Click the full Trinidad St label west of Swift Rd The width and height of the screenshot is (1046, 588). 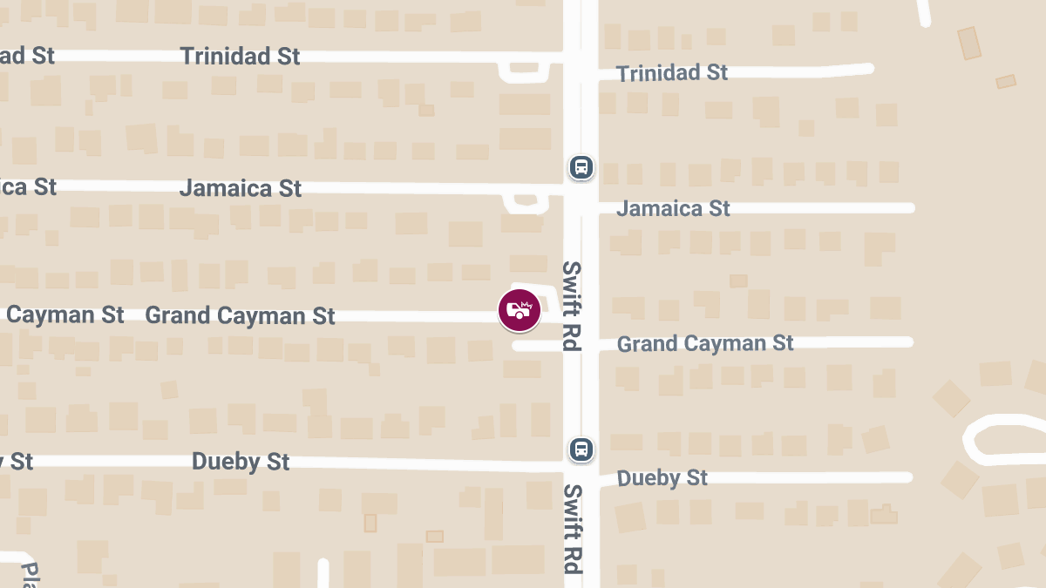click(240, 57)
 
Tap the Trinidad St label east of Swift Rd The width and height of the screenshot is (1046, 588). click(672, 73)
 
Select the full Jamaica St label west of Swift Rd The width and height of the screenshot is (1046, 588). click(241, 188)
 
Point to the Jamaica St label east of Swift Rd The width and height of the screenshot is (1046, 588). click(674, 208)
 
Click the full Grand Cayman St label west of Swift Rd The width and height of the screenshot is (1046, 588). click(240, 315)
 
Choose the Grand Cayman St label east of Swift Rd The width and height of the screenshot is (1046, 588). click(705, 343)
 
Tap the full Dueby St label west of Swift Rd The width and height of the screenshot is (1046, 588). click(241, 461)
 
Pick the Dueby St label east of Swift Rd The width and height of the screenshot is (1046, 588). click(662, 478)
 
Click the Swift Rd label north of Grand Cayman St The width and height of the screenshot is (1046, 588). click(571, 305)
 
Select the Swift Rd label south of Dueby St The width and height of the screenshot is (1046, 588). click(572, 529)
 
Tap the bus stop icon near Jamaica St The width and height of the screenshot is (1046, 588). click(581, 166)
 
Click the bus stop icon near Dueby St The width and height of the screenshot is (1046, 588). click(581, 449)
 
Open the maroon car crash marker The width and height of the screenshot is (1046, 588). click(520, 310)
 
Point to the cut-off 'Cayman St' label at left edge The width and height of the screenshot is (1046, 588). click(64, 314)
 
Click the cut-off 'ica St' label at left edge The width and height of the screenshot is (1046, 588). click(28, 186)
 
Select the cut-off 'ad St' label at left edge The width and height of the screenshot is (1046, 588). click(26, 56)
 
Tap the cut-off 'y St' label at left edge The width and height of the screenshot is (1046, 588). click(17, 461)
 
